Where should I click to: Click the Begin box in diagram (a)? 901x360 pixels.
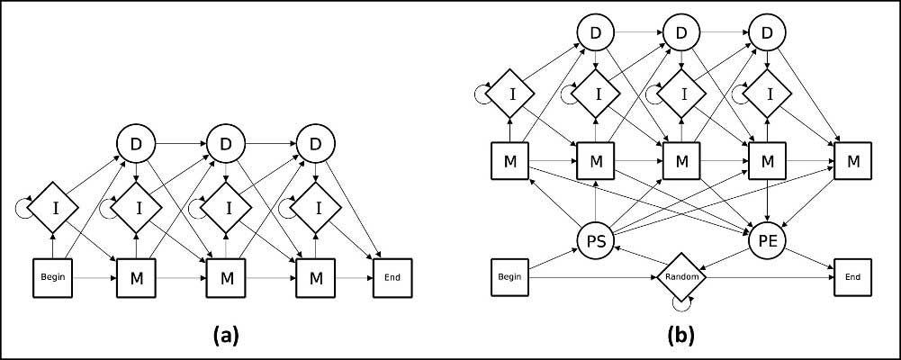click(x=50, y=278)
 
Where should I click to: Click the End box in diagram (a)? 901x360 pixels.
click(x=392, y=278)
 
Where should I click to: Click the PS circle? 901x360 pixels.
click(x=594, y=240)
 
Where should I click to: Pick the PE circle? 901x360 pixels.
click(x=766, y=240)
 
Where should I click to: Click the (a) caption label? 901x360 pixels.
click(x=225, y=336)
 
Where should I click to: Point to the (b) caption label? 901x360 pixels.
click(x=680, y=336)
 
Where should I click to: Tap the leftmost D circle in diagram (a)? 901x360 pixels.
click(x=136, y=142)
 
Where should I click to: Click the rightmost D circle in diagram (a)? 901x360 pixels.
click(x=315, y=142)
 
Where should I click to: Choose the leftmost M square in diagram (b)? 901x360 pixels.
click(x=509, y=162)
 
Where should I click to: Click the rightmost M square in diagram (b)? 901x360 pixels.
click(x=851, y=162)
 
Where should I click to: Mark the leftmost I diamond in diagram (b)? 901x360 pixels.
click(x=509, y=92)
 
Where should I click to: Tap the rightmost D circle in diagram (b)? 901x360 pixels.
click(x=766, y=34)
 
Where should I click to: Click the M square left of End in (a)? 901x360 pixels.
click(x=315, y=278)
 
